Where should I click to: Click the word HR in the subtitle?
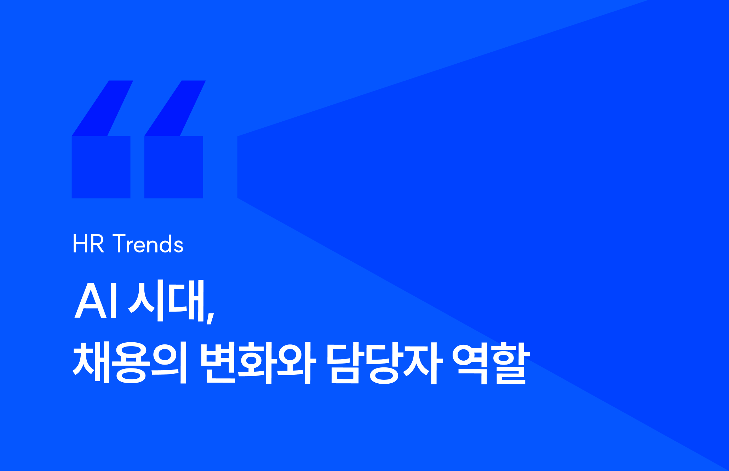[x=88, y=244]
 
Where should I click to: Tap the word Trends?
[x=148, y=244]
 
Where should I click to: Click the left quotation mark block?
[x=101, y=167]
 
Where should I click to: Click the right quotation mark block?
[x=174, y=167]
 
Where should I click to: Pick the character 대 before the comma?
[x=187, y=301]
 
